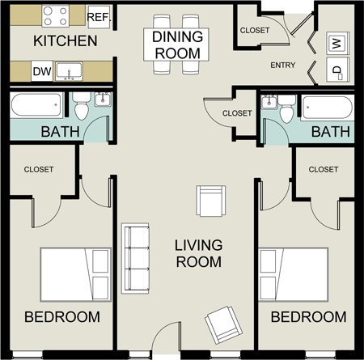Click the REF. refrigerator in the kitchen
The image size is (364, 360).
(x=98, y=16)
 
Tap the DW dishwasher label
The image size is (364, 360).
(x=41, y=72)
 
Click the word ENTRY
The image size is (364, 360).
(x=282, y=66)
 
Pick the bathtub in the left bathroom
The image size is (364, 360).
(x=36, y=105)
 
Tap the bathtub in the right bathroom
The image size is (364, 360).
(x=327, y=108)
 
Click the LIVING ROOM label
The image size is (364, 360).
(x=200, y=252)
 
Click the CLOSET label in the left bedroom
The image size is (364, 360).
(x=37, y=170)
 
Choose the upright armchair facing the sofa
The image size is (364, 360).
(x=210, y=200)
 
